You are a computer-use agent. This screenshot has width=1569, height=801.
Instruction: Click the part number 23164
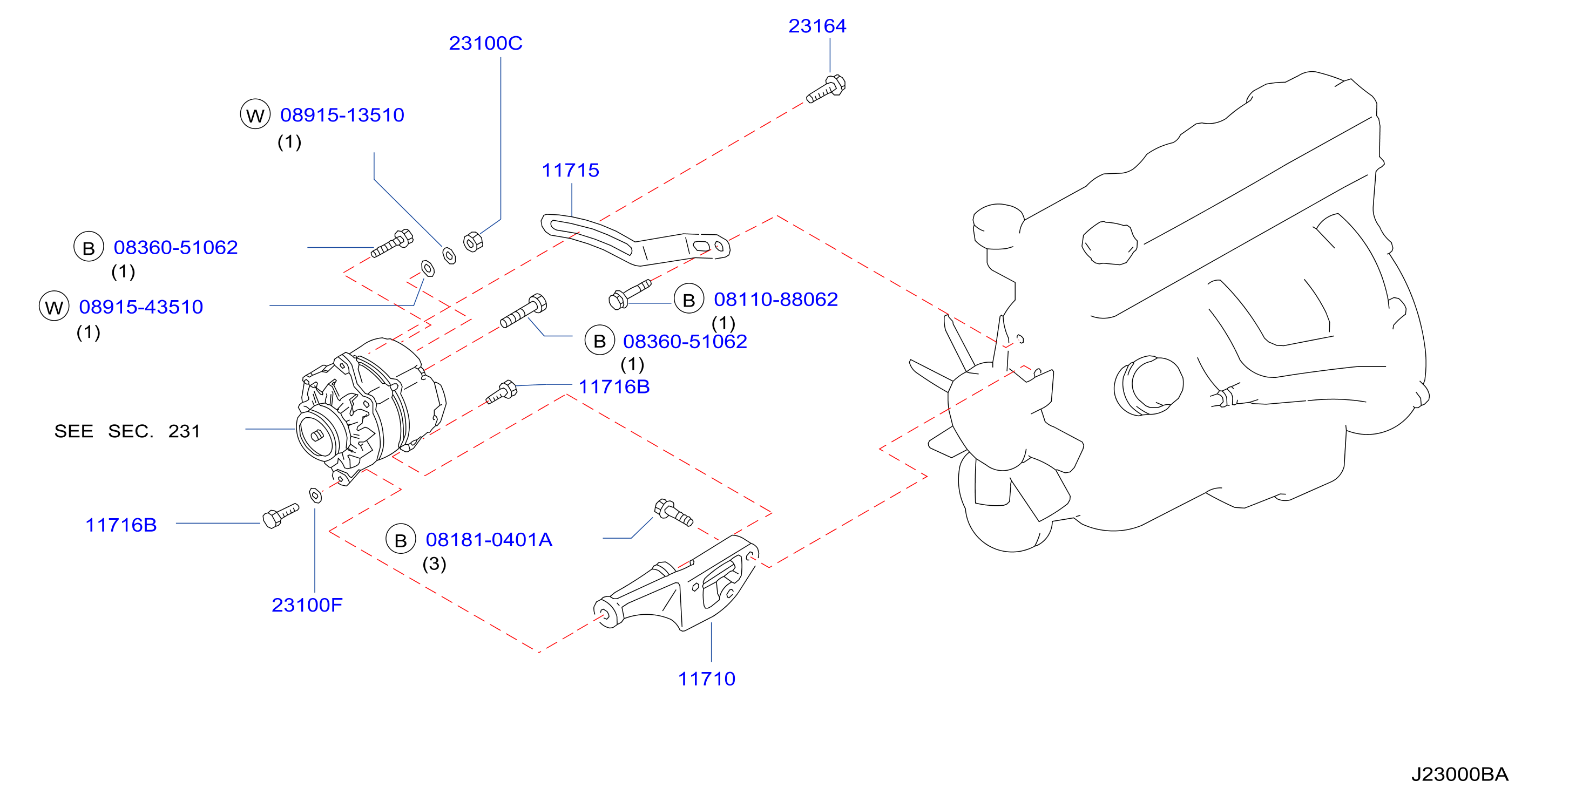click(817, 26)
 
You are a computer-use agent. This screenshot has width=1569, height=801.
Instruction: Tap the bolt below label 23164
click(826, 89)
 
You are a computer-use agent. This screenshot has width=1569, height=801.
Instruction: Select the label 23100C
click(485, 43)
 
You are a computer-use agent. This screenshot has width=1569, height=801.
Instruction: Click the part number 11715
click(570, 170)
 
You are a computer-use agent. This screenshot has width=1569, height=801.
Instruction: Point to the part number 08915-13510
click(342, 115)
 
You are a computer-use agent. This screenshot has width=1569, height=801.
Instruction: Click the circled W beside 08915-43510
click(54, 307)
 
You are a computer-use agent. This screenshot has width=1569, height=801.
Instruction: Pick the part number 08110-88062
click(775, 299)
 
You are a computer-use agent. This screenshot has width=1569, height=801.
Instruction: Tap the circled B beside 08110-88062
click(689, 299)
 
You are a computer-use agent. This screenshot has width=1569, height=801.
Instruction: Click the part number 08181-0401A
click(489, 540)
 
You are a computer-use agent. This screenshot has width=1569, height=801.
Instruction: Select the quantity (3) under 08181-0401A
click(434, 564)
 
